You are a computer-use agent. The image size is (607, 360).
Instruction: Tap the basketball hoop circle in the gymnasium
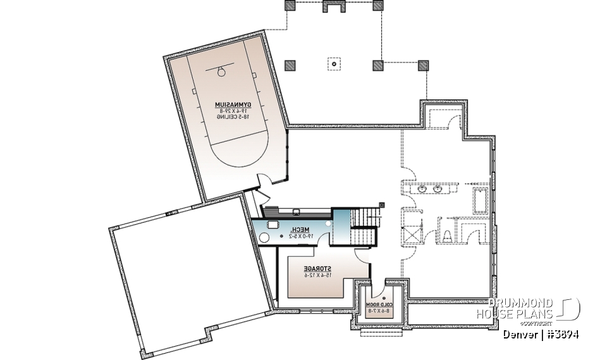click(221, 71)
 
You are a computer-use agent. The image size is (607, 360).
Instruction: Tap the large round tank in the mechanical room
click(263, 238)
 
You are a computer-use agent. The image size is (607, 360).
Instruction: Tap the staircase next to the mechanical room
click(364, 229)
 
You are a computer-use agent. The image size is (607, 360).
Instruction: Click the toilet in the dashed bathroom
click(446, 235)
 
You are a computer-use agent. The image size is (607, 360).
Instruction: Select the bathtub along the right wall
click(480, 202)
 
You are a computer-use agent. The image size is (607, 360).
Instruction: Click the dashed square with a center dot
click(333, 64)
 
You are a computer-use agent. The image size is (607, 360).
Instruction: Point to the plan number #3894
click(563, 334)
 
